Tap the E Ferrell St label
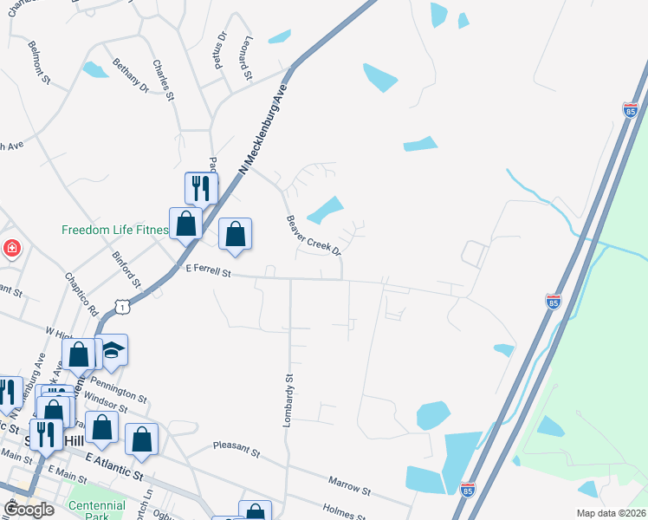pyautogui.click(x=209, y=272)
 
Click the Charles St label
pyautogui.click(x=165, y=79)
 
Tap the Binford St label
pyautogui.click(x=126, y=269)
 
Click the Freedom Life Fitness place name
pyautogui.click(x=113, y=231)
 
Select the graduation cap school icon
pyautogui.click(x=112, y=350)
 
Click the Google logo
pyautogui.click(x=29, y=510)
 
